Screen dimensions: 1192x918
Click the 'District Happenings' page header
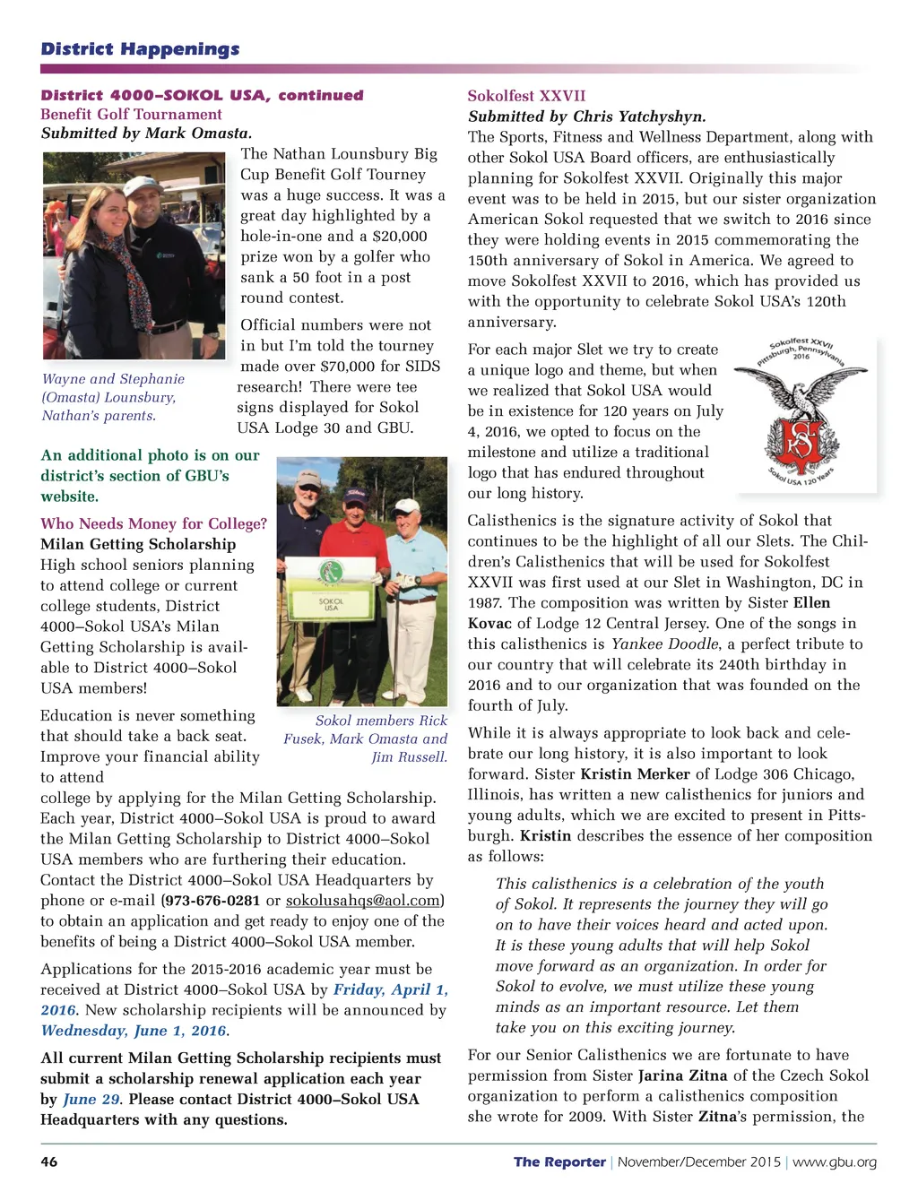pyautogui.click(x=140, y=49)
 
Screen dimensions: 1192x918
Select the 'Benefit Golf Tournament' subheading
pyautogui.click(x=131, y=114)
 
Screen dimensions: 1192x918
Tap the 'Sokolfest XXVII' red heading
pyautogui.click(x=526, y=96)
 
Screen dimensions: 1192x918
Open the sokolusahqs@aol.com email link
pyautogui.click(x=362, y=900)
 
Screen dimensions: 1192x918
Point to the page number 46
pyautogui.click(x=49, y=1162)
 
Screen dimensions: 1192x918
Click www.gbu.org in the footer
pyautogui.click(x=835, y=1162)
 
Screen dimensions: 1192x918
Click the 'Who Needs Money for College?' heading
pyautogui.click(x=153, y=523)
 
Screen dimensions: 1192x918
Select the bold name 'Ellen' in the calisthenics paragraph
pyautogui.click(x=811, y=602)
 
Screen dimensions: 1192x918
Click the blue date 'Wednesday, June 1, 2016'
pyautogui.click(x=134, y=1031)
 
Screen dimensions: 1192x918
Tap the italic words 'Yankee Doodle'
pyautogui.click(x=664, y=644)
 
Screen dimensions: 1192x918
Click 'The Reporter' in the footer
pyautogui.click(x=559, y=1162)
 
